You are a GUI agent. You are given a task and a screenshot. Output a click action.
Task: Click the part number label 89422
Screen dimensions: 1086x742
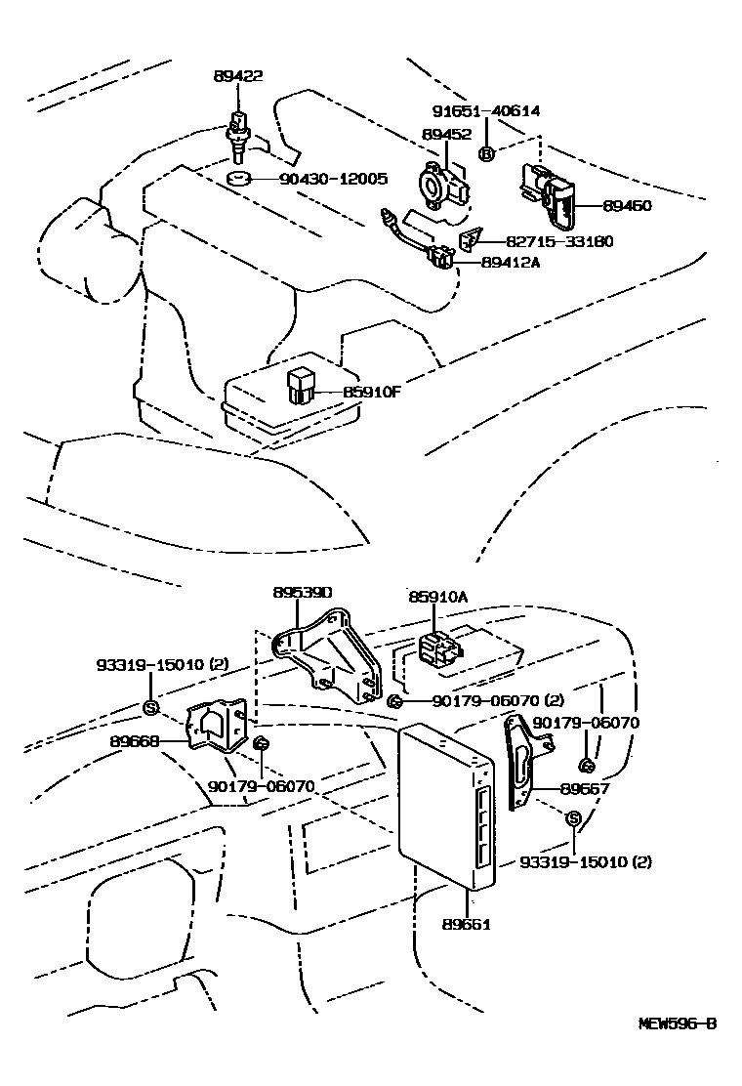click(x=238, y=75)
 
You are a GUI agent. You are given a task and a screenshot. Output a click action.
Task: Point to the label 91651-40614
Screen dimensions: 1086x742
click(x=487, y=112)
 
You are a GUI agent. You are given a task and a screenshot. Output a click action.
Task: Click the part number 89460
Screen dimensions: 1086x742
click(x=627, y=206)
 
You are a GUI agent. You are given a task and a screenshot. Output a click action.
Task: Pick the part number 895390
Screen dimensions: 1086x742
click(x=302, y=593)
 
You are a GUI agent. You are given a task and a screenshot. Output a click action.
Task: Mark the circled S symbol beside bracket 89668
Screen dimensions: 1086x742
click(x=150, y=707)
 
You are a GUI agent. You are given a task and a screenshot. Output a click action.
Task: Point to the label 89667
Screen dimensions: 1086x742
click(x=582, y=789)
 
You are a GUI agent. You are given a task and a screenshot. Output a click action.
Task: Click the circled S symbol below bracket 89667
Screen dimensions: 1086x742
click(x=574, y=818)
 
